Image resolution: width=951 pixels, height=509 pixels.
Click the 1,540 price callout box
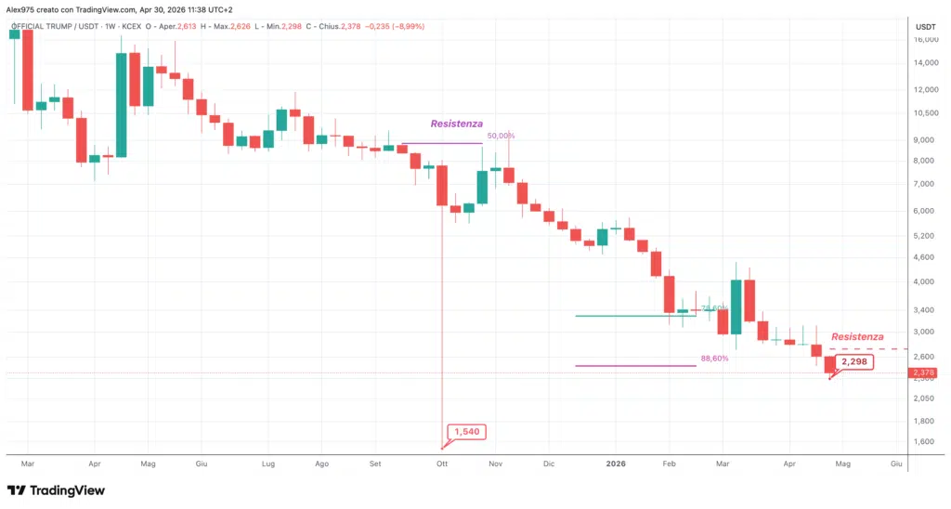[466, 432]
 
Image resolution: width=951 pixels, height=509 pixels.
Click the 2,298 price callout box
[854, 362]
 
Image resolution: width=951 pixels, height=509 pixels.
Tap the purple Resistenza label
[456, 124]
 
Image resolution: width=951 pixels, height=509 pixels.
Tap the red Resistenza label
[856, 336]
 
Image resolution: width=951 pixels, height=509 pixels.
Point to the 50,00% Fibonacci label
[500, 136]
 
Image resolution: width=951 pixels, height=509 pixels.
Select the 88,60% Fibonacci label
[714, 358]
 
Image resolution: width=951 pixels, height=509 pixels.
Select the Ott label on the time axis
[442, 462]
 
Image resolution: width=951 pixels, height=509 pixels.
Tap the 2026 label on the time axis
[616, 462]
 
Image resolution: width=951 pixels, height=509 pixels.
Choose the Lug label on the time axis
[268, 462]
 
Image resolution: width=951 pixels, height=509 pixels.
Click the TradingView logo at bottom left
[56, 490]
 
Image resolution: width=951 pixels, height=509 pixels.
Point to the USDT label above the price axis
[925, 27]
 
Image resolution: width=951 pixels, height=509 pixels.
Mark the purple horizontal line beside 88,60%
[635, 366]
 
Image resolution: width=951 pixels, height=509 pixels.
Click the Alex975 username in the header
[23, 7]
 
